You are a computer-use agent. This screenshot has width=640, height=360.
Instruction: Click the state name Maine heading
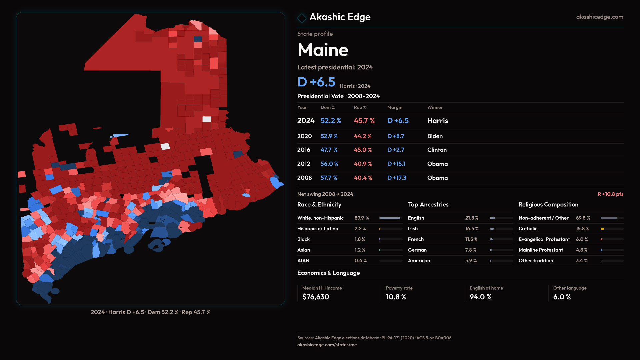click(323, 50)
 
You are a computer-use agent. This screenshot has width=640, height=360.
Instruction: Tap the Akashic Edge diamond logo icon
click(302, 18)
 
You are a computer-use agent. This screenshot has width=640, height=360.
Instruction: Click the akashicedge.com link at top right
click(599, 17)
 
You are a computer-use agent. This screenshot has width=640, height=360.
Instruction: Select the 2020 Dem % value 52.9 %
click(329, 136)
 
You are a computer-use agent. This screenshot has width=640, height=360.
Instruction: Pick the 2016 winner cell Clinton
click(437, 150)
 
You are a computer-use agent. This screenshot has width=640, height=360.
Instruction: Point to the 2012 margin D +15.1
click(396, 164)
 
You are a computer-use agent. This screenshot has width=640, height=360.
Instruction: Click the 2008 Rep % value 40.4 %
click(363, 178)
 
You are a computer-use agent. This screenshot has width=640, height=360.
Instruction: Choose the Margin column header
click(395, 107)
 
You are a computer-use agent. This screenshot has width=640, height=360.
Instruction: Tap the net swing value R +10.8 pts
click(610, 194)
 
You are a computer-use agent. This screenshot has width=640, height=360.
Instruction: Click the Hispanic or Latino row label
click(318, 229)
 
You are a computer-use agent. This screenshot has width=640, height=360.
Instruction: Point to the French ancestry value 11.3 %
click(471, 239)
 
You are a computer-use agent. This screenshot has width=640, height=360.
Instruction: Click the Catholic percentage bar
click(612, 229)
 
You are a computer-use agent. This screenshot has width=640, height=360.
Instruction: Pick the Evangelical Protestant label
click(544, 239)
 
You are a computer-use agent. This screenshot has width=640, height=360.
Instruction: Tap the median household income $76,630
click(316, 297)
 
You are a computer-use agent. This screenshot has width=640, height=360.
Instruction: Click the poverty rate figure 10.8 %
click(396, 297)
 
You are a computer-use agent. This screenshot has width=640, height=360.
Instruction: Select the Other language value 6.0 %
click(562, 297)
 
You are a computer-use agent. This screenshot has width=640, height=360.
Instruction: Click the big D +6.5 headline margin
click(316, 82)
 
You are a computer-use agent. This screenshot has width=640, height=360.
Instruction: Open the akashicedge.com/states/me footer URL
click(327, 345)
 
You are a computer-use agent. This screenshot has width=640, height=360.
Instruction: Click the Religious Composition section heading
click(548, 205)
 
